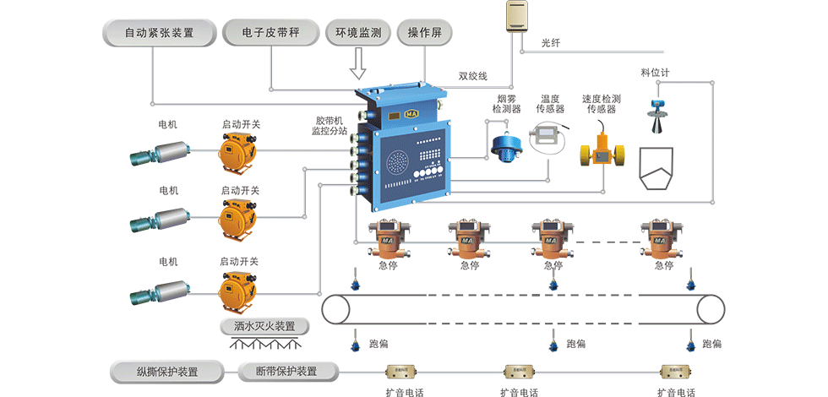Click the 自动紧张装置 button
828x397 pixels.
coord(159,34)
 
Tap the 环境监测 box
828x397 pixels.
coord(357,34)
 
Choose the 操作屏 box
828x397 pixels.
coord(425,34)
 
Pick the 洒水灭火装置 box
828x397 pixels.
coord(264,326)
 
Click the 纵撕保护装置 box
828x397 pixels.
coord(167,371)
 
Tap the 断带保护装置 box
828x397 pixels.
coord(288,371)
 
